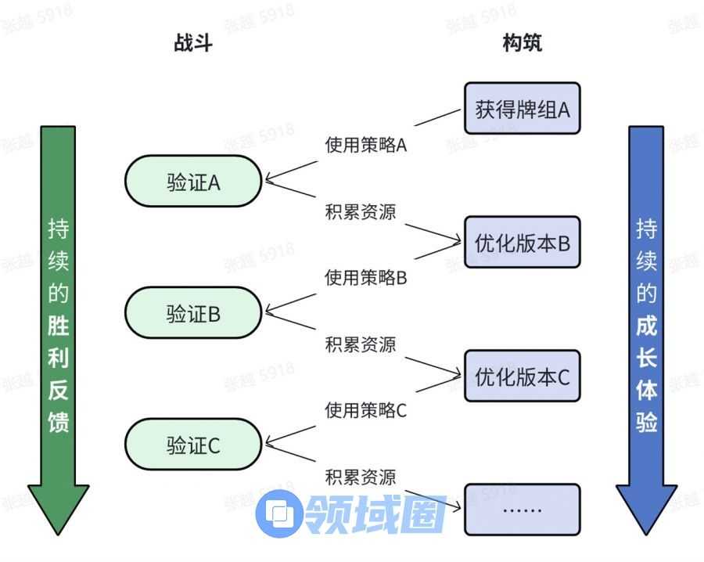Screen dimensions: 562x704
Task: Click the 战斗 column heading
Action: point(192,43)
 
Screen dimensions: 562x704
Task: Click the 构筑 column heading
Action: point(522,43)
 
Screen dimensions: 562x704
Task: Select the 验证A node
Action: point(192,182)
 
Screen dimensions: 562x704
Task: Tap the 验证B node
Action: point(192,313)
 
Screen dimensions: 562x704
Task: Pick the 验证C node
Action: point(192,445)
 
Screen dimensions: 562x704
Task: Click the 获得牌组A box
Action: point(522,109)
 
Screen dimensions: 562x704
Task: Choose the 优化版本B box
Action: point(522,243)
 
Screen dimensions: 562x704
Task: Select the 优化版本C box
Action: point(522,376)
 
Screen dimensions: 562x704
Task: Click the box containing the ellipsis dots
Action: point(522,509)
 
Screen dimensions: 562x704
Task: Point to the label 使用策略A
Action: point(365,145)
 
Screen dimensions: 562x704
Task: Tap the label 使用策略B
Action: point(365,278)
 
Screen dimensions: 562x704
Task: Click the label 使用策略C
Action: point(365,410)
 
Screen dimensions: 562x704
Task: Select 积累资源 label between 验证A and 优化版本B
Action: point(361,211)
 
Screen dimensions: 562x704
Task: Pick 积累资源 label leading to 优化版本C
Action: point(361,344)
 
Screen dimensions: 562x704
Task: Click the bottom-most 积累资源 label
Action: point(361,476)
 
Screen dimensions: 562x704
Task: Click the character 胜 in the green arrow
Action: point(59,325)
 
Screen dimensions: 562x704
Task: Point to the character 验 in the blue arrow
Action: point(646,423)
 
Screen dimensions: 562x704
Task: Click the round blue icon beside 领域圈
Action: point(278,513)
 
